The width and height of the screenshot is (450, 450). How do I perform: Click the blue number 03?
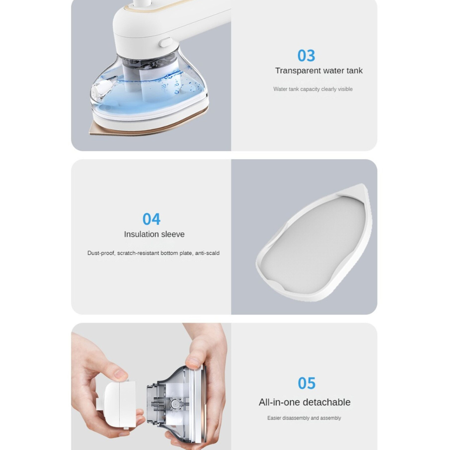pyautogui.click(x=306, y=55)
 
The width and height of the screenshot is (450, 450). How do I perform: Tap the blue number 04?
pyautogui.click(x=152, y=219)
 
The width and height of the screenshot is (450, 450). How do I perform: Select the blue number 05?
pyautogui.click(x=307, y=383)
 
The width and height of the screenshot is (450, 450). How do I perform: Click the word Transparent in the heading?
pyautogui.click(x=298, y=70)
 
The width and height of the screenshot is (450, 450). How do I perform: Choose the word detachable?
pyautogui.click(x=330, y=402)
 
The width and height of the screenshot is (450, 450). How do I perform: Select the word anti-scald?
pyautogui.click(x=207, y=253)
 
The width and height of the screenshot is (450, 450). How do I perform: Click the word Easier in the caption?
pyautogui.click(x=274, y=418)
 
